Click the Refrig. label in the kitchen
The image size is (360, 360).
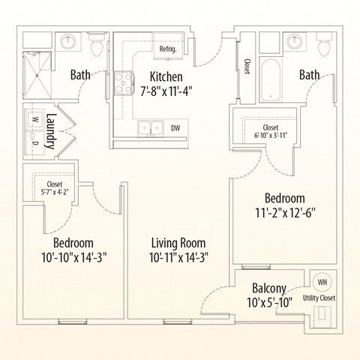(166, 49)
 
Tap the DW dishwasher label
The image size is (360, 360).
(174, 127)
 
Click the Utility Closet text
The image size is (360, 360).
(319, 298)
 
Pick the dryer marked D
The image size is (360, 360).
(34, 140)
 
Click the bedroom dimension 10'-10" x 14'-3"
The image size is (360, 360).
(73, 257)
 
